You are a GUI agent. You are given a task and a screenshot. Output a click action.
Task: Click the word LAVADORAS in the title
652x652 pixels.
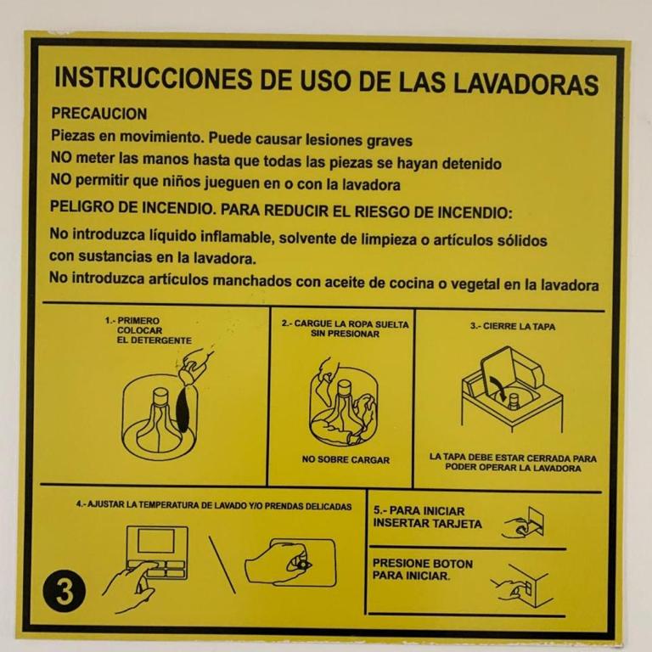(x=526, y=83)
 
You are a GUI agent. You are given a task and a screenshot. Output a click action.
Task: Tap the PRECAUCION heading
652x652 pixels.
(x=99, y=114)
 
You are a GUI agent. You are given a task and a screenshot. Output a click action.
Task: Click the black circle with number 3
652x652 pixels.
(x=64, y=591)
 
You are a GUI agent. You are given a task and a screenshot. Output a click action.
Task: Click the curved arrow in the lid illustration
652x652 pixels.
(x=497, y=387)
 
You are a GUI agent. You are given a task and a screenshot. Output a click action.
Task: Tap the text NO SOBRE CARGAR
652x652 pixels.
(x=346, y=460)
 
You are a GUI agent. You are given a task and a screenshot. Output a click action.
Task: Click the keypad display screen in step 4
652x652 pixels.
(x=156, y=541)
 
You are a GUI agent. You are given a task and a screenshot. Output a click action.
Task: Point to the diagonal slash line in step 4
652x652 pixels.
(x=222, y=565)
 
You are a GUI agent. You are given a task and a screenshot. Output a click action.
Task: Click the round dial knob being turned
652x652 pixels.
(x=302, y=565)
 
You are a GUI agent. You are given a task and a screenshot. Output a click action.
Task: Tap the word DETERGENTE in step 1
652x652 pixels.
(x=155, y=340)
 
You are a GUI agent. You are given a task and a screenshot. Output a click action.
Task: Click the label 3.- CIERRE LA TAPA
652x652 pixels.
(x=513, y=326)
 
